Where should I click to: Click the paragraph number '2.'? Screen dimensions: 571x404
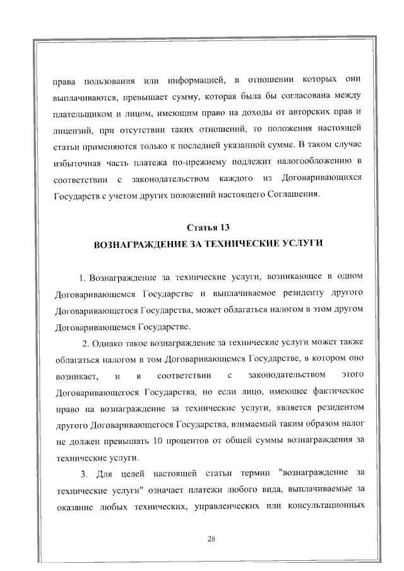(86, 343)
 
